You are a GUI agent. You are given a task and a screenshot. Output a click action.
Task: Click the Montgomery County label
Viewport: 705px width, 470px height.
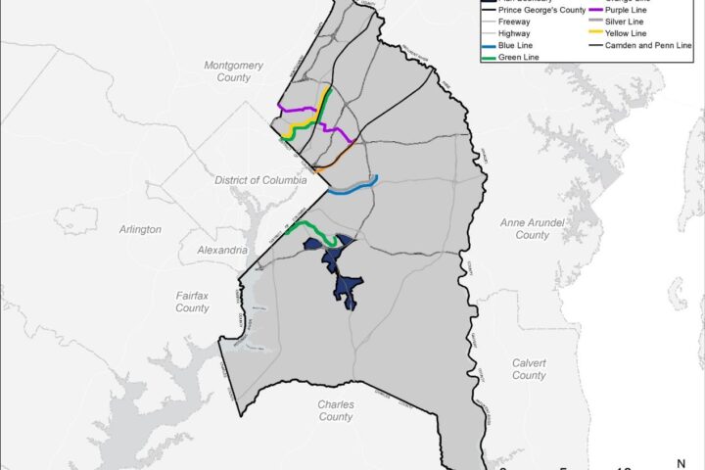[x=234, y=71]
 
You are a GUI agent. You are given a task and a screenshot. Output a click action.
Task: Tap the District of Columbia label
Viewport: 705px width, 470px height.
[x=261, y=181]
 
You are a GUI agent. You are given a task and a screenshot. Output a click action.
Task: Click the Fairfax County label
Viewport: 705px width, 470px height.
[x=192, y=302]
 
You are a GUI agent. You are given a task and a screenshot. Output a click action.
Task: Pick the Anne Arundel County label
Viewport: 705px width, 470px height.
[x=525, y=229]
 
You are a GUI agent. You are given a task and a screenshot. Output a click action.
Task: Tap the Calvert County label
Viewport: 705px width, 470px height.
[x=529, y=369]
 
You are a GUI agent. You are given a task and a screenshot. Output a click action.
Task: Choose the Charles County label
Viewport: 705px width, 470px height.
[x=336, y=410]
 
